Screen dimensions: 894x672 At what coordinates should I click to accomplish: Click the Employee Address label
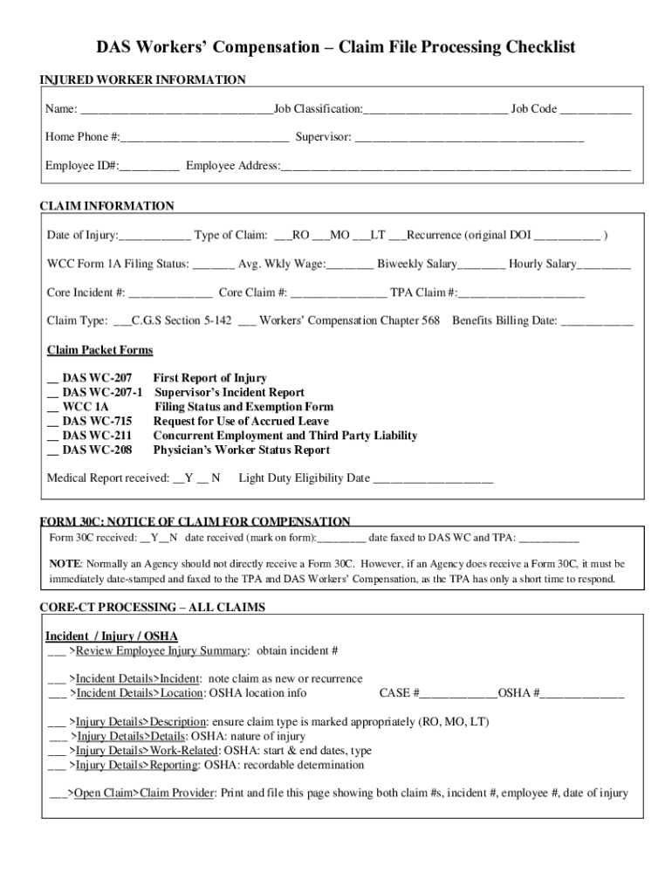click(232, 166)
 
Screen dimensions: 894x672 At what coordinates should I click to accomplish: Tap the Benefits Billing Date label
click(504, 320)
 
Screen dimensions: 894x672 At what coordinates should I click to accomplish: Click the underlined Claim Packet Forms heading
click(99, 350)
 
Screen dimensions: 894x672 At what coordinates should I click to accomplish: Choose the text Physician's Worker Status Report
click(242, 450)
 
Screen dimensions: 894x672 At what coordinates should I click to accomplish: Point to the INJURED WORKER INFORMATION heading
click(143, 80)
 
